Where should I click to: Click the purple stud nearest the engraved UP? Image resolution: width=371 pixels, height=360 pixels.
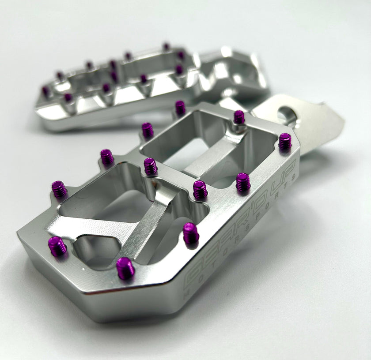[285, 141]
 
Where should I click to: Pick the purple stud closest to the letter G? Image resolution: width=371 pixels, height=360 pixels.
[125, 268]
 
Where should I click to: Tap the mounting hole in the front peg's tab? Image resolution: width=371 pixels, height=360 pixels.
[285, 116]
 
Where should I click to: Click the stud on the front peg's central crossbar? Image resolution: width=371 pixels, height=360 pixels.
[151, 166]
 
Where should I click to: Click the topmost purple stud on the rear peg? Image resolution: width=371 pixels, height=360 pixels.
[166, 46]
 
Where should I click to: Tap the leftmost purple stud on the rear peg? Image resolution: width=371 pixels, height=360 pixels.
[45, 91]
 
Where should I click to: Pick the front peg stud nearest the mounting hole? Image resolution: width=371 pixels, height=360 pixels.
[239, 117]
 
